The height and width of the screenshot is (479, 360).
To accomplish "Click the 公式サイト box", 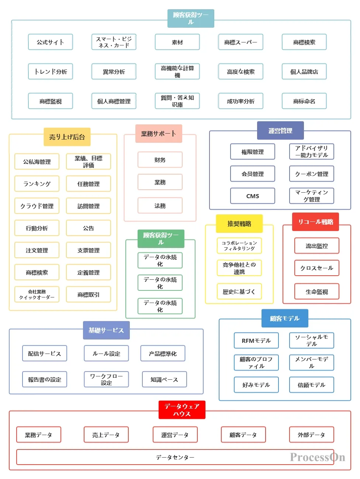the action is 51,42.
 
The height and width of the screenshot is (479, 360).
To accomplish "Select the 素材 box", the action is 177,42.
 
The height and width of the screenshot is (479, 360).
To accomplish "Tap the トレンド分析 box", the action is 51,71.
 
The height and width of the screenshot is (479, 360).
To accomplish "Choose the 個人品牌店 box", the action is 304,71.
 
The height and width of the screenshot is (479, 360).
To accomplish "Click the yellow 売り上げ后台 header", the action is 67,137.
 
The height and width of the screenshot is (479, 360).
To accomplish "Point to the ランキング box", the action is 37,183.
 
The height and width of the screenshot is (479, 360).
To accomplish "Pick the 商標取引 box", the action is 89,294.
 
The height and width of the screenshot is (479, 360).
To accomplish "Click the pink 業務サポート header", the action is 159,134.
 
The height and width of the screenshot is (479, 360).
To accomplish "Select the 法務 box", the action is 160,205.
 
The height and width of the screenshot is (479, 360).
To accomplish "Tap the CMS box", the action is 253,196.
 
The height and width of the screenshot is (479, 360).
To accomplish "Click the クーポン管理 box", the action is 312,174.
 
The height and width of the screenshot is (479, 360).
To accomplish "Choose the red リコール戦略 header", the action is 315,222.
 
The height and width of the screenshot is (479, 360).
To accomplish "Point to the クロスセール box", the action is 317,268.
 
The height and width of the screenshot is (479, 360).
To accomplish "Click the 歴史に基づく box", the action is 239,291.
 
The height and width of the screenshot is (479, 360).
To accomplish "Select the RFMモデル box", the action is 256,340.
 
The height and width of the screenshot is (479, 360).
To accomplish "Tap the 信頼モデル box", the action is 312,385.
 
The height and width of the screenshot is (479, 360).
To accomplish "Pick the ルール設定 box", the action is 106,353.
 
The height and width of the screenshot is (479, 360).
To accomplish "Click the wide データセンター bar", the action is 175,457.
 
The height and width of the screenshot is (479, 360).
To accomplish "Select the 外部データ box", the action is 312,434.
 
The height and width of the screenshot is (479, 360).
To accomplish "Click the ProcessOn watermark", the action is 318,457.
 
